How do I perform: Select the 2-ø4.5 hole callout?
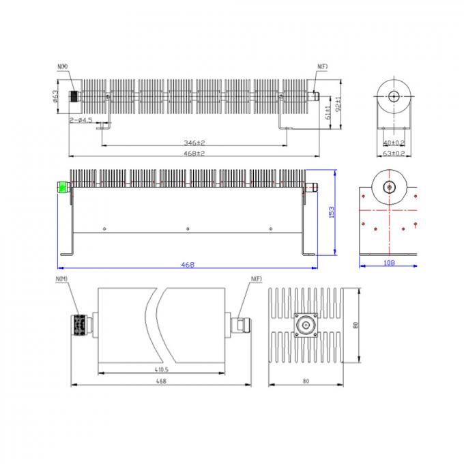click(x=81, y=120)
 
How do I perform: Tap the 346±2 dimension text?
click(x=194, y=143)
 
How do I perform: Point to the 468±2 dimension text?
click(x=194, y=154)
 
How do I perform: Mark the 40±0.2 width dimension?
click(x=394, y=143)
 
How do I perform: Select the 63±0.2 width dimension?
click(x=394, y=154)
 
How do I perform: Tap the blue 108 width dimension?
click(x=389, y=262)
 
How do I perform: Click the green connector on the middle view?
click(x=63, y=187)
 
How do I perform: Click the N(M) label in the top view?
click(x=63, y=66)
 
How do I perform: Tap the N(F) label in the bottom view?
click(x=256, y=279)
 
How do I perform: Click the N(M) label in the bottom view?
click(x=61, y=279)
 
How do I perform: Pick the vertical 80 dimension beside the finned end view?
click(x=355, y=325)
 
